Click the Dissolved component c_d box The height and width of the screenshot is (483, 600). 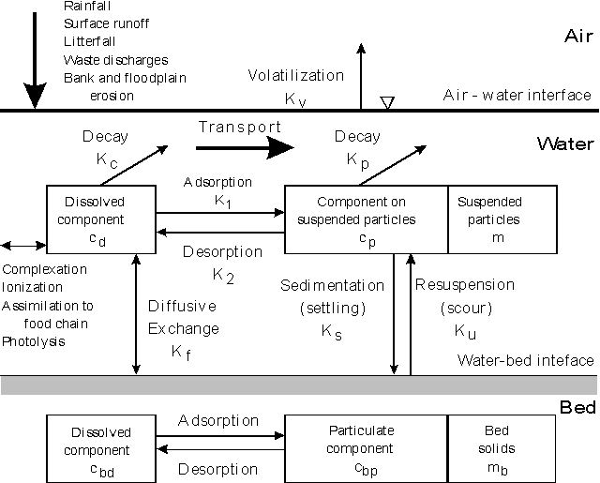(x=100, y=219)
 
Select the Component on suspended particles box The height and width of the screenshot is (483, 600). (x=366, y=219)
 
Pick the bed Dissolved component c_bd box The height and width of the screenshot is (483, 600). (x=100, y=447)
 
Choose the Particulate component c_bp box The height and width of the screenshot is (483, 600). (x=366, y=447)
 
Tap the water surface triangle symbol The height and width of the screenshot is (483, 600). (x=386, y=102)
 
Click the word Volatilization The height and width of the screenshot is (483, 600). (x=296, y=76)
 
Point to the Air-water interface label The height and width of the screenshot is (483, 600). (x=518, y=95)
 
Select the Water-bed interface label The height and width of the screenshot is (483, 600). (x=524, y=360)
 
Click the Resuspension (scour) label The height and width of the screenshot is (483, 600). (x=464, y=295)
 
